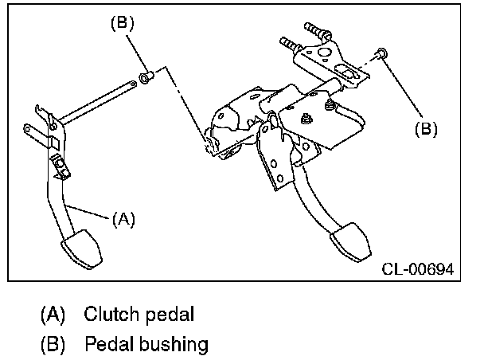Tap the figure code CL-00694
417,271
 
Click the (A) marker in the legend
53,314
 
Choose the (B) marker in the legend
53,345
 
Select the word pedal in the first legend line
170,314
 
